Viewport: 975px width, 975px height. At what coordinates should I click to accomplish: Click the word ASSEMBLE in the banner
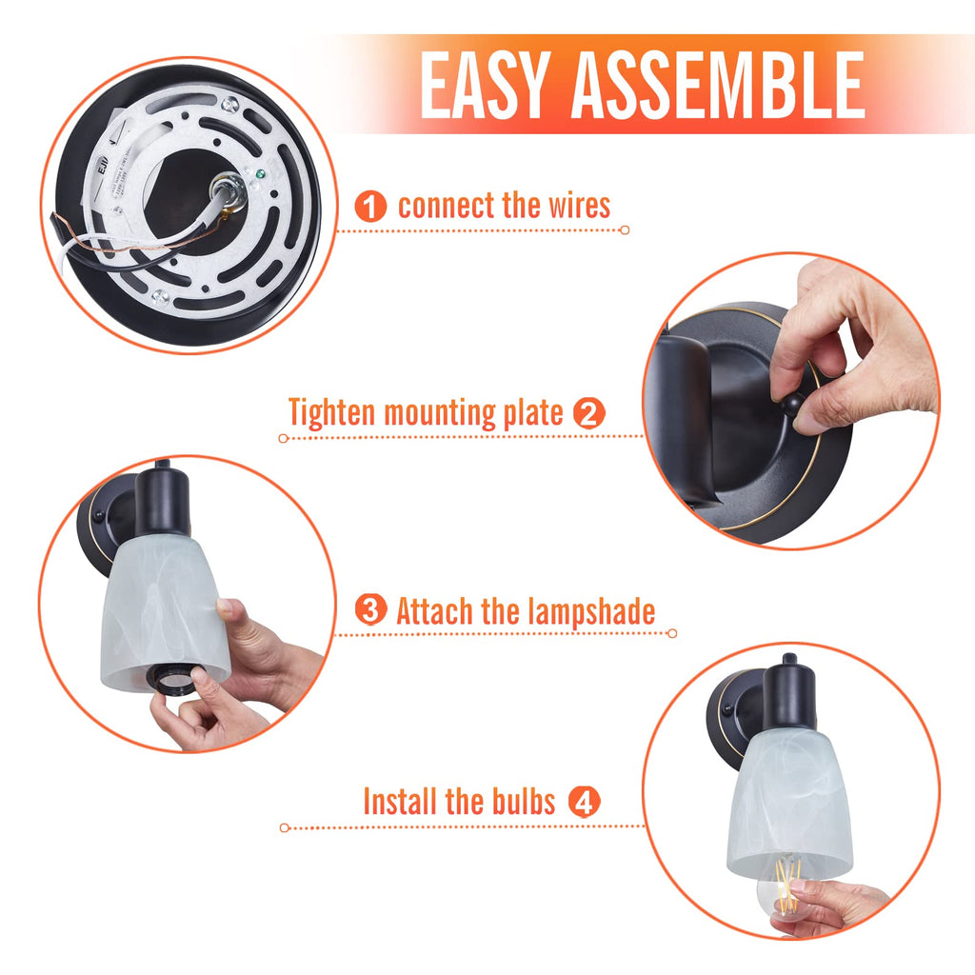718,85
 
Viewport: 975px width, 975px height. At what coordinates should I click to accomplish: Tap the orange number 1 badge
370,207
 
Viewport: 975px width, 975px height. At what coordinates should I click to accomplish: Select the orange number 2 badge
588,413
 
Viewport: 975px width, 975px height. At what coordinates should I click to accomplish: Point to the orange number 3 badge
370,609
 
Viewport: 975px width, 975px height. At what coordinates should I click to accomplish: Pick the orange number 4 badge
584,802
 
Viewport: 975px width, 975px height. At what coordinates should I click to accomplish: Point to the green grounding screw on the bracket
260,175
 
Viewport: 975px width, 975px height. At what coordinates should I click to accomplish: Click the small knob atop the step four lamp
789,659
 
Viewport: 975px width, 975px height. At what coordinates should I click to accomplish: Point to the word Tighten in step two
330,413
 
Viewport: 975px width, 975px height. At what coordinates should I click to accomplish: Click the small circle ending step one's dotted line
625,230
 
